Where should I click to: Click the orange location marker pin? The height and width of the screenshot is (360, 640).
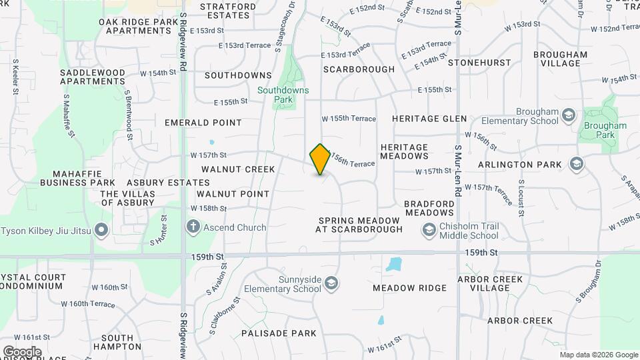[320, 159]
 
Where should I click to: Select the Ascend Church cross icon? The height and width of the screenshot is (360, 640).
[193, 227]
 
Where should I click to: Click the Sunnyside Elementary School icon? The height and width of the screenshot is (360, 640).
[331, 285]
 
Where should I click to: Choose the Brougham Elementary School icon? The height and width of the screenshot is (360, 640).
[568, 116]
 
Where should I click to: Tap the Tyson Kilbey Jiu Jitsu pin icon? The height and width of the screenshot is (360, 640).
[101, 231]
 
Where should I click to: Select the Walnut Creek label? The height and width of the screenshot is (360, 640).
[238, 169]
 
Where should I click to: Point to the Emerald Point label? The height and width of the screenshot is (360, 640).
[203, 123]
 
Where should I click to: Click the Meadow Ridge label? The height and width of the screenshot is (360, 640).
[409, 288]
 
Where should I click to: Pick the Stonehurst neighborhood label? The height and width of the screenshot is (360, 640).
[479, 63]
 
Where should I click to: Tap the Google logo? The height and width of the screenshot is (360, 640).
[22, 351]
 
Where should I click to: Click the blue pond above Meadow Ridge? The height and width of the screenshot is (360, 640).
[393, 264]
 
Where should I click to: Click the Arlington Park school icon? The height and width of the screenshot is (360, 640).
[577, 164]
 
